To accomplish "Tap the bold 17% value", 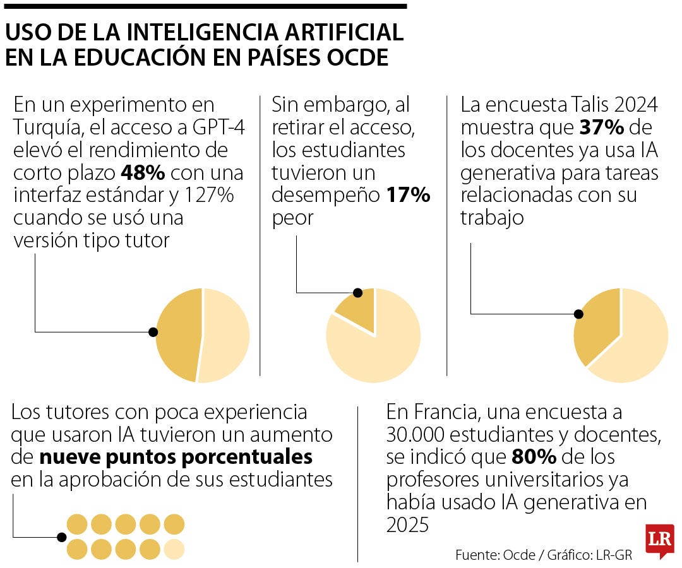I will coord(409,195).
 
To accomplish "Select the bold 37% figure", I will coord(602,127).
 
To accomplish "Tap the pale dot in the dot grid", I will coord(174,548).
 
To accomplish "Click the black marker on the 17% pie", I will coord(357,292).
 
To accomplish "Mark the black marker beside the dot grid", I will coord(61,537).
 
